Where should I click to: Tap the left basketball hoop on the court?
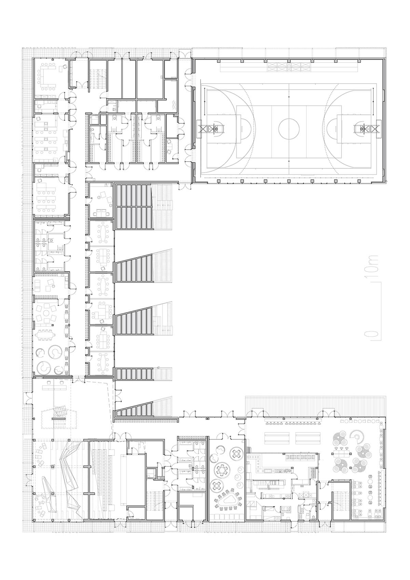(x=216, y=129)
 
